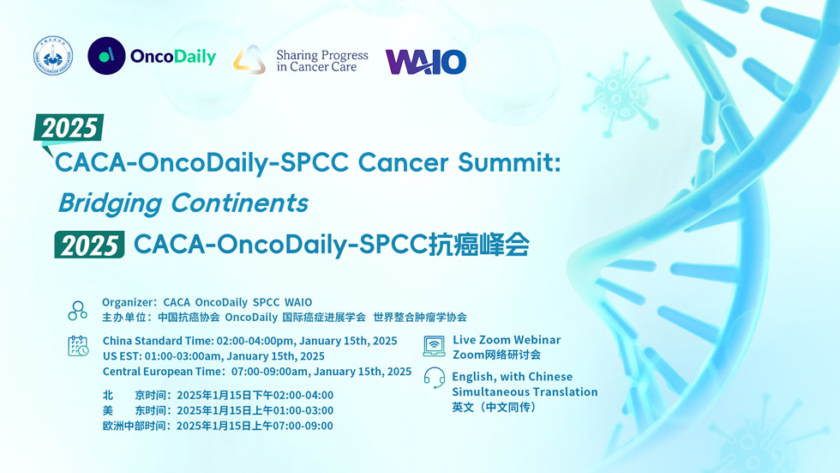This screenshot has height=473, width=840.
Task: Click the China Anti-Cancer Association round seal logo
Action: pyautogui.click(x=53, y=56)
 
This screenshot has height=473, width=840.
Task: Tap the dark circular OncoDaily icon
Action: pyautogui.click(x=106, y=56)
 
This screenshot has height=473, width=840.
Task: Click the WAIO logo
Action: pyautogui.click(x=426, y=62)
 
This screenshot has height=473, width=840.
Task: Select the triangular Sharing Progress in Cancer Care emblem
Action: pyautogui.click(x=249, y=59)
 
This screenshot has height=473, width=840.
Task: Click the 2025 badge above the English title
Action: pyautogui.click(x=69, y=128)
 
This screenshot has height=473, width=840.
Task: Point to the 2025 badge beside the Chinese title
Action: pyautogui.click(x=89, y=245)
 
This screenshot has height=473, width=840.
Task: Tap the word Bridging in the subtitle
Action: pyautogui.click(x=110, y=203)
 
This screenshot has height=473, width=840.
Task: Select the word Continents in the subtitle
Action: pyautogui.click(x=239, y=203)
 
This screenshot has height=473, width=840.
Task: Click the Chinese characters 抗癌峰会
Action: pyautogui.click(x=479, y=245)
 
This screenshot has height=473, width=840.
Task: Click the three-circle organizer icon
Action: pyautogui.click(x=78, y=311)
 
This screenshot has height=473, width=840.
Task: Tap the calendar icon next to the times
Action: pyautogui.click(x=78, y=346)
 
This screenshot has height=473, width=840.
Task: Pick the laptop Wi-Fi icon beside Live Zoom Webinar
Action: pyautogui.click(x=434, y=346)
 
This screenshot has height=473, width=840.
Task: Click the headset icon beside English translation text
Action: pyautogui.click(x=435, y=378)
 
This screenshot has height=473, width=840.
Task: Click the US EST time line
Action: pyautogui.click(x=213, y=356)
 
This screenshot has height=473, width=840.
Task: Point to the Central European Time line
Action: pyautogui.click(x=257, y=372)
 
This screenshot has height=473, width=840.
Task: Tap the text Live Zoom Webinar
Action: pyautogui.click(x=507, y=340)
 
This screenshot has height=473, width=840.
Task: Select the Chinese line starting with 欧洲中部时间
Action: pyautogui.click(x=218, y=426)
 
